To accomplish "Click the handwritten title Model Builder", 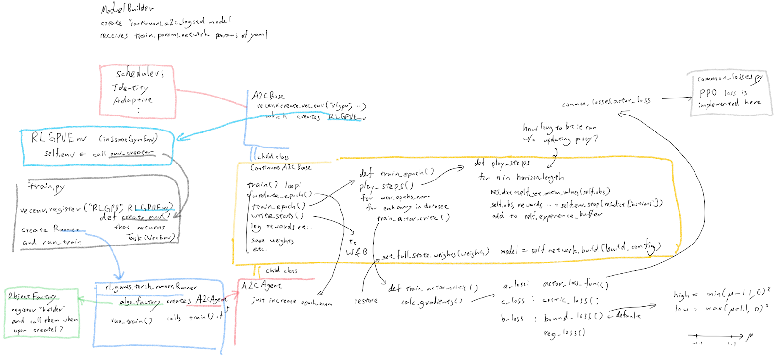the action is [x=128, y=8].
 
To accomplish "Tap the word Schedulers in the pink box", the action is [x=140, y=74].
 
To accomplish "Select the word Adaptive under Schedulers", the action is [x=132, y=100].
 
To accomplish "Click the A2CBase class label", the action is [x=268, y=96].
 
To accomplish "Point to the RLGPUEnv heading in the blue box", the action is [x=59, y=138].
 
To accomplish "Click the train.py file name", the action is [x=46, y=187].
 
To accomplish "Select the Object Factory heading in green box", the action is [x=32, y=296].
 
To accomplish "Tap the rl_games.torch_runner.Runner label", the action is [x=151, y=287].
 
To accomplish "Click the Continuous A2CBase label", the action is [x=281, y=167].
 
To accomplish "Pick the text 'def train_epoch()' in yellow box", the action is [x=396, y=173].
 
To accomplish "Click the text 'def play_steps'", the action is [x=501, y=164].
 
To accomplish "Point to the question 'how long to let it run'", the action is [x=559, y=127].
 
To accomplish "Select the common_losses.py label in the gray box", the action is [x=729, y=78].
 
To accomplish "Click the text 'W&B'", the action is [x=356, y=252].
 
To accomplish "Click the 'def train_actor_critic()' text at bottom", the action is [x=433, y=288].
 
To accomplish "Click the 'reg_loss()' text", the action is [x=564, y=333].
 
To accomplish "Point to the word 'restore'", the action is [x=366, y=301].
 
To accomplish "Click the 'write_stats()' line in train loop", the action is [x=277, y=216].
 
